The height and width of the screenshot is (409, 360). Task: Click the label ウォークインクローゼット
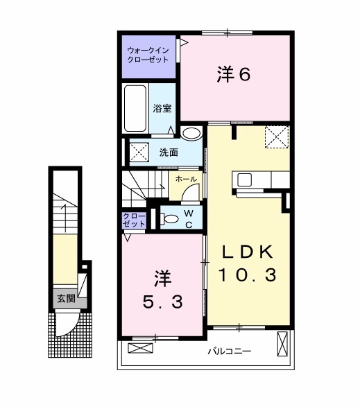(x=148, y=55)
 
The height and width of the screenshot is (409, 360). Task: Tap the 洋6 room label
(x=233, y=75)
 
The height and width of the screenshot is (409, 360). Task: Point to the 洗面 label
(x=169, y=152)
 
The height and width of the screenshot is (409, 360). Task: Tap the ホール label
(x=185, y=179)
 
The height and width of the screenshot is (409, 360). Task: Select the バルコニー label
(x=229, y=352)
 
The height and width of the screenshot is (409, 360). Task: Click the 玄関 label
(x=66, y=299)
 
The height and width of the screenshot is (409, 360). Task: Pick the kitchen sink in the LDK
(x=246, y=180)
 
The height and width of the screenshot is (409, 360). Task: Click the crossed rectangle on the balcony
(x=283, y=344)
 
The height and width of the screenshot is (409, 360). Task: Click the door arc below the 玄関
(x=68, y=325)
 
